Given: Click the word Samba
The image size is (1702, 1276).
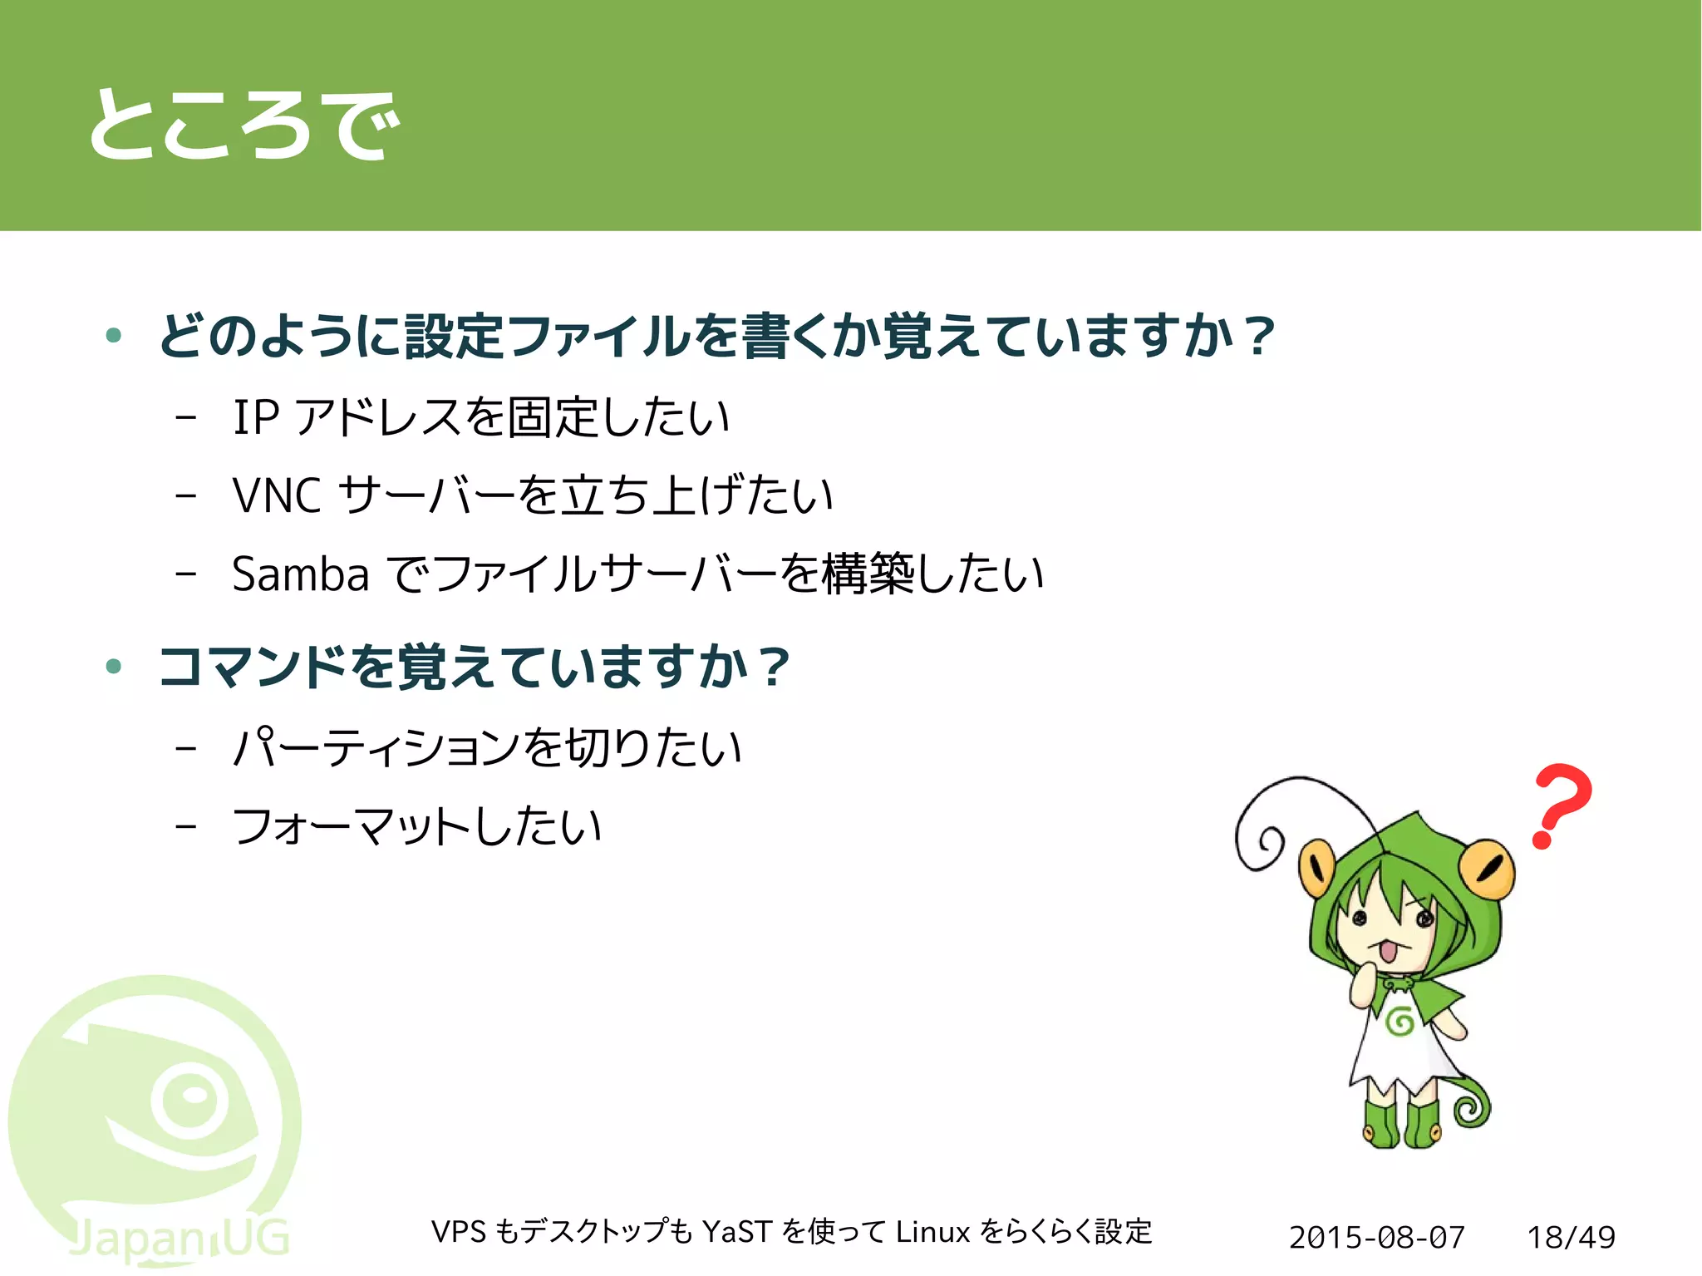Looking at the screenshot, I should tap(300, 574).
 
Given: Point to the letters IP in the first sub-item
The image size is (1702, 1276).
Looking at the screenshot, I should tap(256, 416).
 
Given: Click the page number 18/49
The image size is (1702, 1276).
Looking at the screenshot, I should tap(1571, 1237).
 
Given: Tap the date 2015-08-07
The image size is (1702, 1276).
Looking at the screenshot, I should tap(1376, 1237).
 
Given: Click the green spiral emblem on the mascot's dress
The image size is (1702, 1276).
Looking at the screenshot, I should tap(1400, 1021).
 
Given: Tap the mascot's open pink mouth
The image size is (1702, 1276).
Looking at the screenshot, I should tap(1386, 952).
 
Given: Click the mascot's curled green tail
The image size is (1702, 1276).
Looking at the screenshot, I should tap(1472, 1104).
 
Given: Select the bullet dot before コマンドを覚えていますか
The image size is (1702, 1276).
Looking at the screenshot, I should tap(114, 666).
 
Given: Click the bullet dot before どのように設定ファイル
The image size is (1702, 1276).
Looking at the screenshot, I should tap(114, 336).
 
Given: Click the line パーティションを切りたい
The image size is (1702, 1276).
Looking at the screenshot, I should tap(486, 746).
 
